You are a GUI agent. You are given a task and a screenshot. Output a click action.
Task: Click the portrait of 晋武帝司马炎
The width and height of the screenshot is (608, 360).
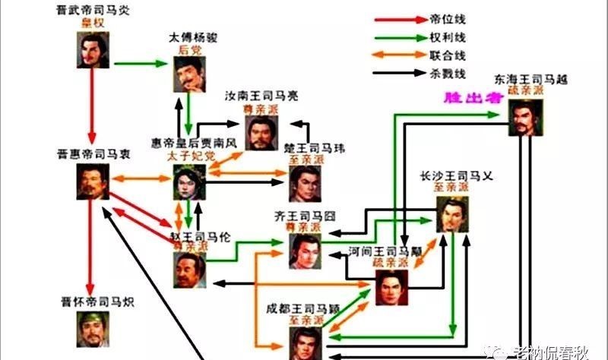pos(93,51)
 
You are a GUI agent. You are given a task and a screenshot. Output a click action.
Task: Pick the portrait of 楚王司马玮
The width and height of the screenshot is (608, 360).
pos(306,182)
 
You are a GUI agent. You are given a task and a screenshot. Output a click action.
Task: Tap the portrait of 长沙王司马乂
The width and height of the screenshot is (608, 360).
pos(452,215)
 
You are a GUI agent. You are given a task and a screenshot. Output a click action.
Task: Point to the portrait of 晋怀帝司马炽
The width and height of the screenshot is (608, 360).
pos(93,328)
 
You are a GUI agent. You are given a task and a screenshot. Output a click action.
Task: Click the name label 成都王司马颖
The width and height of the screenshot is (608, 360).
pos(303,308)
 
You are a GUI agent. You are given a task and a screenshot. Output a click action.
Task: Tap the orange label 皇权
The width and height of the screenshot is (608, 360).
pos(93,24)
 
